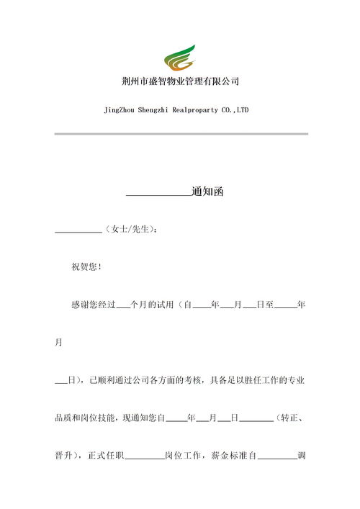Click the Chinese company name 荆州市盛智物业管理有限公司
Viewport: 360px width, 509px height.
180,81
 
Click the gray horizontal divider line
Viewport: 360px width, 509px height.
181,133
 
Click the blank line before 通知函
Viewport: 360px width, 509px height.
158,194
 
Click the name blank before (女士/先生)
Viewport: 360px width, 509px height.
79,231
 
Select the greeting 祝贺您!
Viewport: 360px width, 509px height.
86,267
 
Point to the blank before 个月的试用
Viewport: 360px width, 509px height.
122,307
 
